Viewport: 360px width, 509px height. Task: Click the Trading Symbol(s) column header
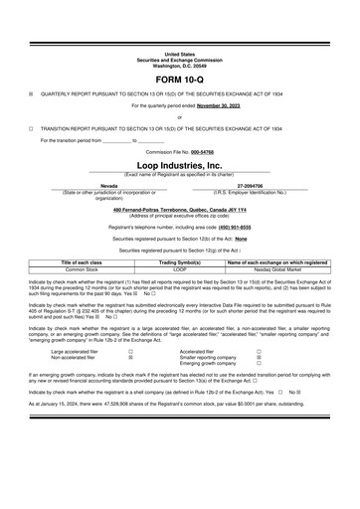click(x=180, y=261)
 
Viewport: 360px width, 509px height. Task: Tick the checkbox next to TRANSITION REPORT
click(x=32, y=128)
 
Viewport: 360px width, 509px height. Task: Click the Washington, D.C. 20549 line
click(x=180, y=63)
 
